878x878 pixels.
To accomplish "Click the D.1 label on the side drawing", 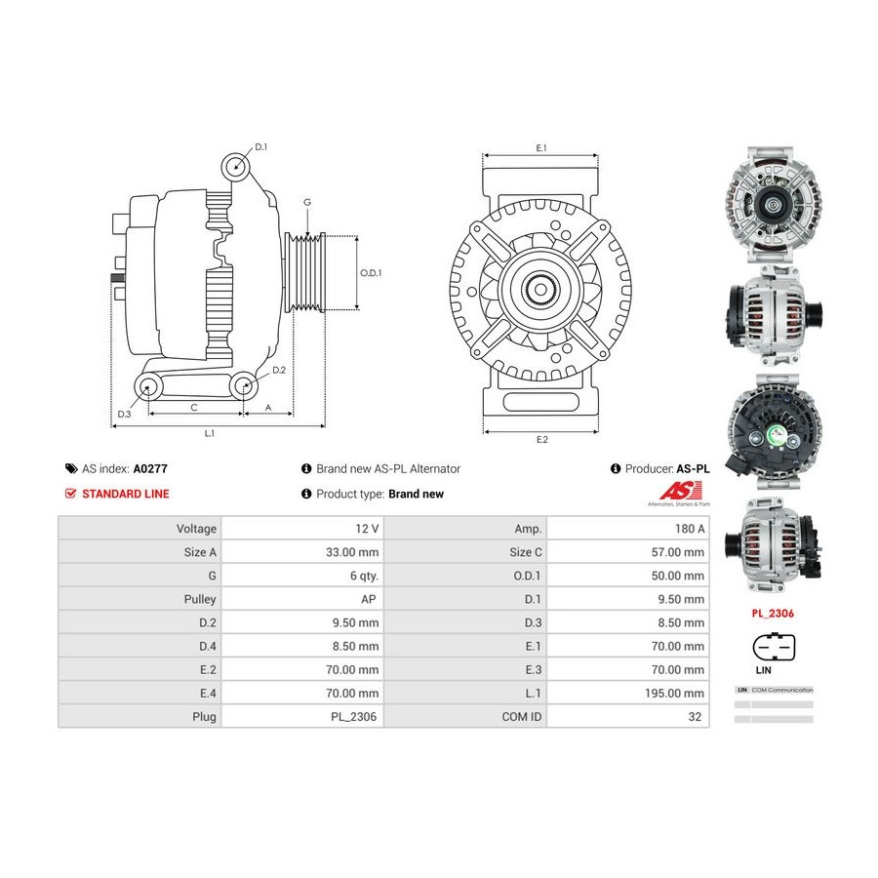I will click(260, 148).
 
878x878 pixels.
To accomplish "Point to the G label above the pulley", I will click(306, 202).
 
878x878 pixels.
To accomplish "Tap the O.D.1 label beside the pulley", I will click(371, 273).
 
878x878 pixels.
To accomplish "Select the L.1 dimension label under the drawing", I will click(209, 432).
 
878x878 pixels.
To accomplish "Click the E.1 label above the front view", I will click(540, 147).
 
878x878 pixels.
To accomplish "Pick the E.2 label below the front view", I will click(541, 439).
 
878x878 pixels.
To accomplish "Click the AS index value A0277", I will click(150, 468).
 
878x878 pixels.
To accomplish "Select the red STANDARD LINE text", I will click(125, 494).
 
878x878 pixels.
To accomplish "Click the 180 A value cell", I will click(689, 529).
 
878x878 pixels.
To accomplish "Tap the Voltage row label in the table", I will click(196, 529).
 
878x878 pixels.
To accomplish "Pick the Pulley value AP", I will click(369, 599).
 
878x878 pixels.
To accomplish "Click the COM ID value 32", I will click(696, 717).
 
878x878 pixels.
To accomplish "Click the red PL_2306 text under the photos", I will click(772, 615).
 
